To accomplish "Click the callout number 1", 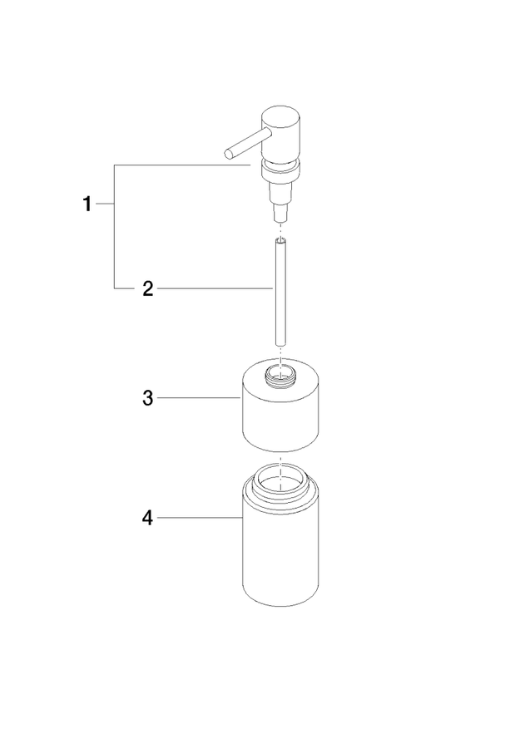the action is click(x=87, y=204).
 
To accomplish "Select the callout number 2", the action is click(x=148, y=288).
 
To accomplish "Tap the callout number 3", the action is click(x=148, y=397).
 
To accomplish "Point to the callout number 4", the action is click(x=148, y=518).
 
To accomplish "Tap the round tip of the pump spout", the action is click(x=229, y=153).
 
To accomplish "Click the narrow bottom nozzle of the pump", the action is click(x=280, y=214).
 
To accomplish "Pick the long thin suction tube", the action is click(x=280, y=291).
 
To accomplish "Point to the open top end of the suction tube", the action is click(x=280, y=240).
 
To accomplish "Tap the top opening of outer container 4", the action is click(x=280, y=477).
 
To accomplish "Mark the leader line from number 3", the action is click(x=199, y=397).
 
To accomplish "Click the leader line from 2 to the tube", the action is click(x=215, y=288).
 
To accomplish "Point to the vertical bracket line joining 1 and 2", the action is click(x=114, y=226).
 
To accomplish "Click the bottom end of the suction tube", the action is click(x=280, y=343).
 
